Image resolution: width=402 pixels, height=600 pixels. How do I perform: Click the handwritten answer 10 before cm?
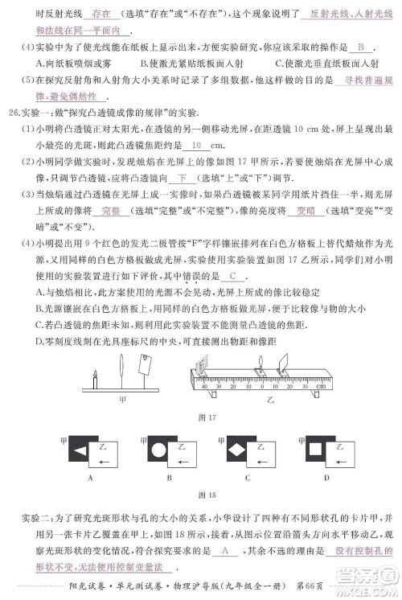click(198, 146)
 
